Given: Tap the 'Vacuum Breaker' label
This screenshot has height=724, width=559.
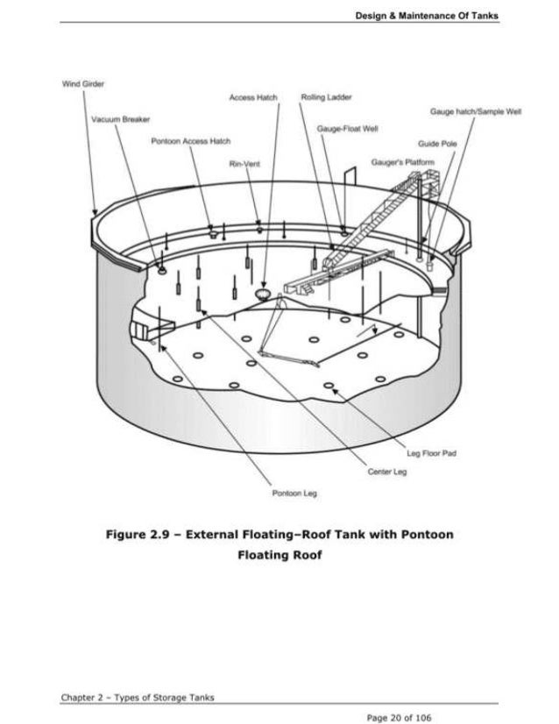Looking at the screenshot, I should point(119,118).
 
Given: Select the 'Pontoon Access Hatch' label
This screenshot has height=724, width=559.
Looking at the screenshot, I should point(179,140).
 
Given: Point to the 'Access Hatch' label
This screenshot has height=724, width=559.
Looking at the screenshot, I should point(253,96).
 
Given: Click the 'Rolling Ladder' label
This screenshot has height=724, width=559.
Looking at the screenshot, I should point(325,96).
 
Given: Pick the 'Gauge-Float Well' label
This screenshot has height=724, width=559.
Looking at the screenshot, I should point(348,128).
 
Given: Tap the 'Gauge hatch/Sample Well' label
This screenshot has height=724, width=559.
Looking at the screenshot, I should point(476,112).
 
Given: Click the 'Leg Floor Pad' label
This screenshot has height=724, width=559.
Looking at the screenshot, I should point(432,453).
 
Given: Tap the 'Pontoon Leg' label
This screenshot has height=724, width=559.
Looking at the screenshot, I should point(294,493).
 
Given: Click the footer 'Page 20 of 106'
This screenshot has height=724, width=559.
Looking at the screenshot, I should point(400,717).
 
